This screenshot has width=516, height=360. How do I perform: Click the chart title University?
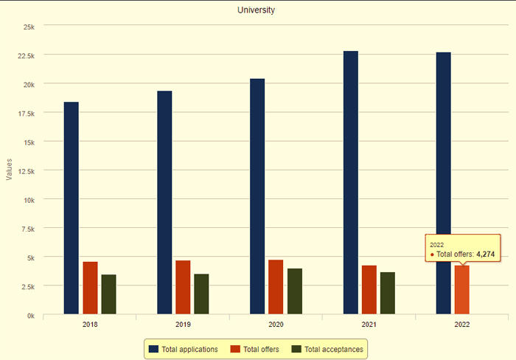pyautogui.click(x=256, y=10)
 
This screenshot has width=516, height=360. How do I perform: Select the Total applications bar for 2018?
pyautogui.click(x=71, y=208)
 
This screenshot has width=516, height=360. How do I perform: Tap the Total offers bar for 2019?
pyautogui.click(x=183, y=287)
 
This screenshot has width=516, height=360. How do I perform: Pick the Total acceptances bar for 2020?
pyautogui.click(x=295, y=291)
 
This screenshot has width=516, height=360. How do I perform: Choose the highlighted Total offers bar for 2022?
pyautogui.click(x=461, y=290)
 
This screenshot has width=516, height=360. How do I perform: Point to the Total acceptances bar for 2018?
pyautogui.click(x=108, y=294)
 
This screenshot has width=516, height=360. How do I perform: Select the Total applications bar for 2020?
pyautogui.click(x=257, y=196)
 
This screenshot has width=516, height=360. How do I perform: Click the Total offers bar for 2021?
pyautogui.click(x=369, y=290)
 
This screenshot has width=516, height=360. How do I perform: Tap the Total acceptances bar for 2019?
pyautogui.click(x=201, y=294)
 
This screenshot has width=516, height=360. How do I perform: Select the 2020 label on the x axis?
pyautogui.click(x=276, y=325)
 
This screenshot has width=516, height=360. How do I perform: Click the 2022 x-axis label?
pyautogui.click(x=462, y=325)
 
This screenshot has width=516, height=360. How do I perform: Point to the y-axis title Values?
pyautogui.click(x=10, y=170)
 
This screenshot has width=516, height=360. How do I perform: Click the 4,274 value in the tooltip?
pyautogui.click(x=485, y=255)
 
